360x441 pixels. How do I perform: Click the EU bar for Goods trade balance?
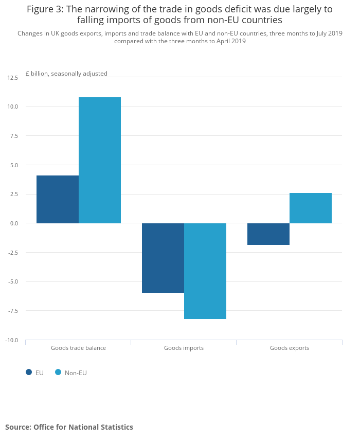[x=58, y=200]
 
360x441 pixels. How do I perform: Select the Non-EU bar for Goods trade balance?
[x=100, y=161]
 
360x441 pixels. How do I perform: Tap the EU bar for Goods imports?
[x=163, y=258]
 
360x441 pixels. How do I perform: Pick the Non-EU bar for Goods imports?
[x=205, y=271]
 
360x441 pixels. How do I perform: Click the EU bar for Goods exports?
[x=268, y=234]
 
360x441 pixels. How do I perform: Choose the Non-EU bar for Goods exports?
[x=311, y=208]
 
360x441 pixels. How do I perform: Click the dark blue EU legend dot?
[x=29, y=373]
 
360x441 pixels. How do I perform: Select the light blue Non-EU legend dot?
[x=58, y=373]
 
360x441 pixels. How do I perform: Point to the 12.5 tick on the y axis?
[x=13, y=78]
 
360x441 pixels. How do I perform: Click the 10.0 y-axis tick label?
[x=13, y=107]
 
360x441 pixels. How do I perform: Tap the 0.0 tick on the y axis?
[x=14, y=224]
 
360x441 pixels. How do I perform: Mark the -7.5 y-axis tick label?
[x=13, y=311]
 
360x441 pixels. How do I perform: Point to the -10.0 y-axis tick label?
[x=12, y=340]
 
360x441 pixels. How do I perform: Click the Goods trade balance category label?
[x=78, y=348]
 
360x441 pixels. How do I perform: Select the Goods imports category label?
[x=184, y=348]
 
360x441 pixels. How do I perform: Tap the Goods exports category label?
[x=290, y=348]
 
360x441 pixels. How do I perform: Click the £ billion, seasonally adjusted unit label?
[x=67, y=74]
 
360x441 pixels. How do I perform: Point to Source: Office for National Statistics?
[x=69, y=427]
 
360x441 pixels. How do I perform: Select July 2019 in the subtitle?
[x=329, y=33]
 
